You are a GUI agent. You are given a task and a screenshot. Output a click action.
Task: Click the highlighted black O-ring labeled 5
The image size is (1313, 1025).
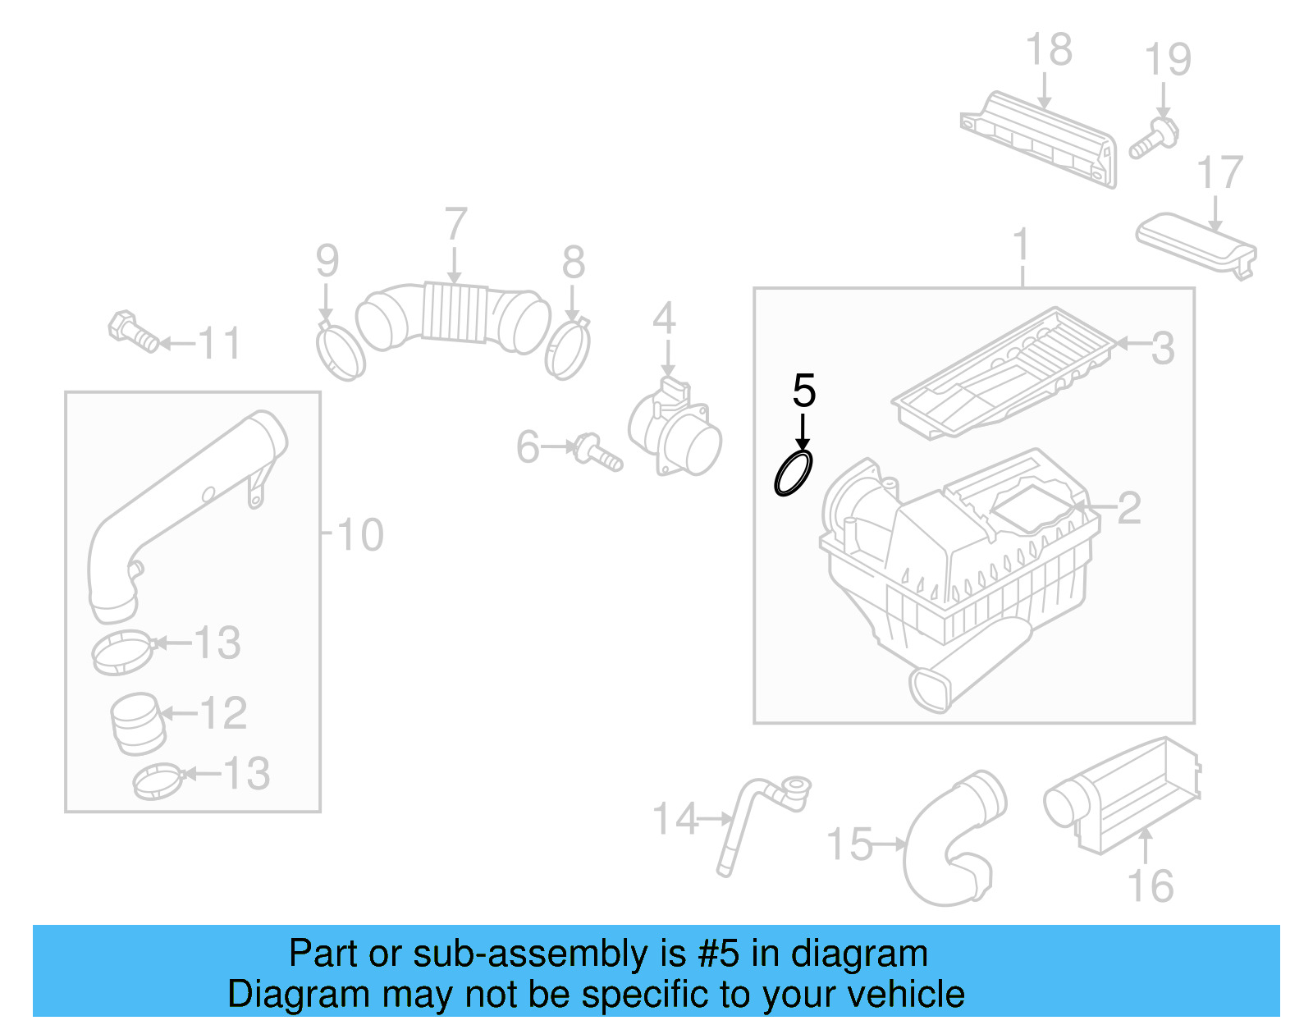pyautogui.click(x=794, y=474)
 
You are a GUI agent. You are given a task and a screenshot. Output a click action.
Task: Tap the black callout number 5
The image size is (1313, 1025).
pyautogui.click(x=803, y=391)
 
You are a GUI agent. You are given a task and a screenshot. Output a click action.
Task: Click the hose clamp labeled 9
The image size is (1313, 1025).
pyautogui.click(x=340, y=350)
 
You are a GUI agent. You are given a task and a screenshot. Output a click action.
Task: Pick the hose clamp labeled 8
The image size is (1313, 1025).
pyautogui.click(x=567, y=350)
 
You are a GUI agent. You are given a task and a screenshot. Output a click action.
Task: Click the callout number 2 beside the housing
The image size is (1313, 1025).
pyautogui.click(x=1128, y=509)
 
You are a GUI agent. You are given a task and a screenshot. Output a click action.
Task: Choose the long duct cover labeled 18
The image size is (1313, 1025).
pyautogui.click(x=1040, y=140)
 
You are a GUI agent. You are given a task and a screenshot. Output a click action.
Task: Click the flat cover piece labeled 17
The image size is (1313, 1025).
pyautogui.click(x=1195, y=241)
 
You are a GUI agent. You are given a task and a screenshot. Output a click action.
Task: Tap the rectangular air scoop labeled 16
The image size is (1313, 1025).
pyautogui.click(x=1123, y=794)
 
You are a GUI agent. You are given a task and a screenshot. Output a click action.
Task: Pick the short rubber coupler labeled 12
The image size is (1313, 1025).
pyautogui.click(x=137, y=723)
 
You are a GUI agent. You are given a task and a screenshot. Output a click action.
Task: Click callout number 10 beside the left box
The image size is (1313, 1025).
pyautogui.click(x=359, y=535)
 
